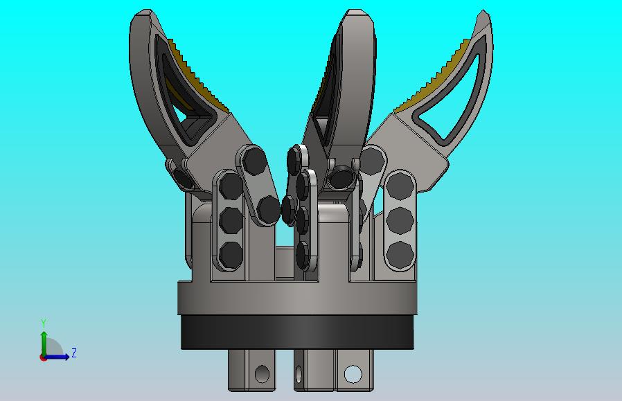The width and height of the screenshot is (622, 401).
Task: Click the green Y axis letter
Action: (x=44, y=323)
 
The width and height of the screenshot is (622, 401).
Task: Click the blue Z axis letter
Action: (x=74, y=353)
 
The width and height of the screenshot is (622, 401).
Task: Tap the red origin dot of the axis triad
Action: (x=43, y=358)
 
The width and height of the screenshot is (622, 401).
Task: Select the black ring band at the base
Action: (x=298, y=332)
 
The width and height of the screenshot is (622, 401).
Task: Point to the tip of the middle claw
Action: (x=357, y=10)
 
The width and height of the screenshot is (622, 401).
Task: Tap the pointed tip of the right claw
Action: (x=483, y=11)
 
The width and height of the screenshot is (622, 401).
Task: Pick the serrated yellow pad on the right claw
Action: (x=432, y=75)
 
